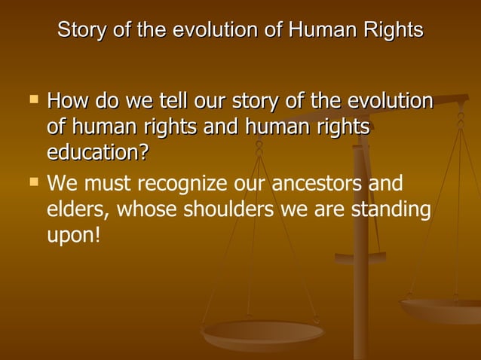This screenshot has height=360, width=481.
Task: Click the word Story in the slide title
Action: (78, 31)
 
